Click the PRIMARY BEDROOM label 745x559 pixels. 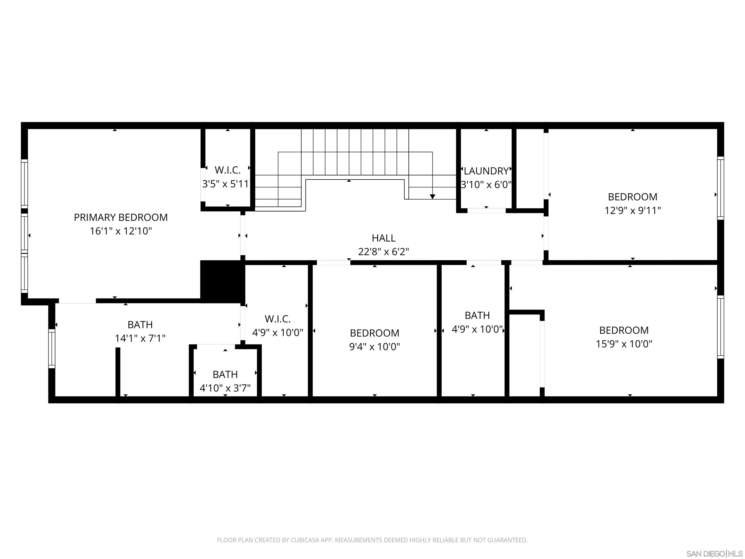(121, 217)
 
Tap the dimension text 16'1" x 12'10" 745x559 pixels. (121, 231)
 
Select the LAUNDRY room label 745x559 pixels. (486, 171)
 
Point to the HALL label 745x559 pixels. (383, 238)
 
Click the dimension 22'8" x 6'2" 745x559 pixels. (383, 252)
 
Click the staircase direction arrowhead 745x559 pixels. (432, 197)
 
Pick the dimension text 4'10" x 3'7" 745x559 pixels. (225, 388)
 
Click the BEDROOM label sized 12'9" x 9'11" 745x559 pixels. (632, 197)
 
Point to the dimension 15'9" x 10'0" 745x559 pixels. (624, 344)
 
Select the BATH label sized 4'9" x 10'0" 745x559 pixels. (477, 315)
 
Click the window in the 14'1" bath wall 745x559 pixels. (51, 349)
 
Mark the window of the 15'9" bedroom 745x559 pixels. (721, 327)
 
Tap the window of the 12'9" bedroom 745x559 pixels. (721, 188)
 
